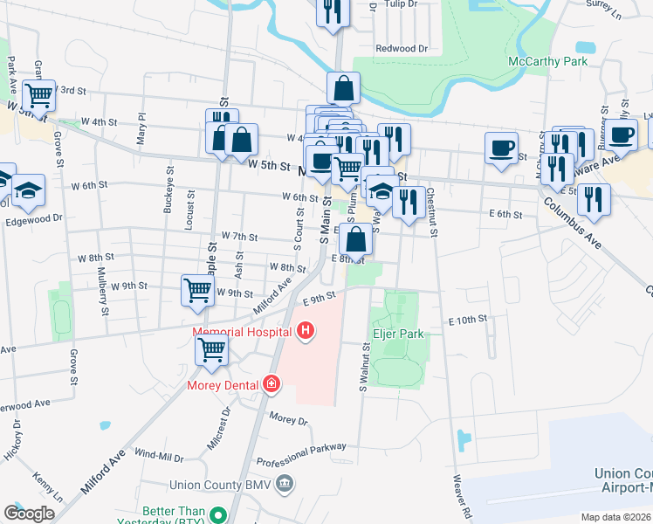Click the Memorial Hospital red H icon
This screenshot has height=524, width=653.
pos(306,330)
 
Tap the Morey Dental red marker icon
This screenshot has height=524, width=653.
pos(272,384)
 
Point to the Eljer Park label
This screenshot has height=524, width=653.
pos(398,334)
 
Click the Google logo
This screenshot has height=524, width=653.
pos(28,513)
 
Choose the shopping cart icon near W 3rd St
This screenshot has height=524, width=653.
pos(38,94)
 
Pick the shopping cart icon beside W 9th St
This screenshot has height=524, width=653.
pos(197,289)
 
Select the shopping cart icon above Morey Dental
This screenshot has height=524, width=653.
pos(212,350)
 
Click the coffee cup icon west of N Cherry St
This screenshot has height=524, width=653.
pos(501,147)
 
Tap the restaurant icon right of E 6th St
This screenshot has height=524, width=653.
pos(594,200)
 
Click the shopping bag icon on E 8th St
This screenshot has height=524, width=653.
pos(356,238)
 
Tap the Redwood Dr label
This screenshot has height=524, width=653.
pos(402,49)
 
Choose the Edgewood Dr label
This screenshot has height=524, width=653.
pos(34,218)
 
